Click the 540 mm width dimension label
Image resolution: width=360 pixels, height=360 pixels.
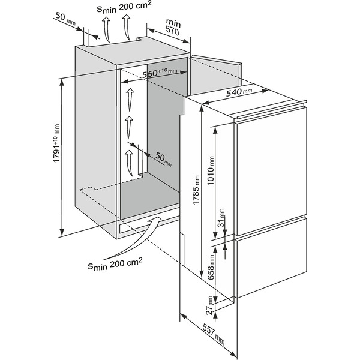coord(239,92)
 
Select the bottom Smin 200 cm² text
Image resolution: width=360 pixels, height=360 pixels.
coord(114,262)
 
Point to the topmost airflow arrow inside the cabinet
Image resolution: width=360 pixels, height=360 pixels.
coord(128,96)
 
